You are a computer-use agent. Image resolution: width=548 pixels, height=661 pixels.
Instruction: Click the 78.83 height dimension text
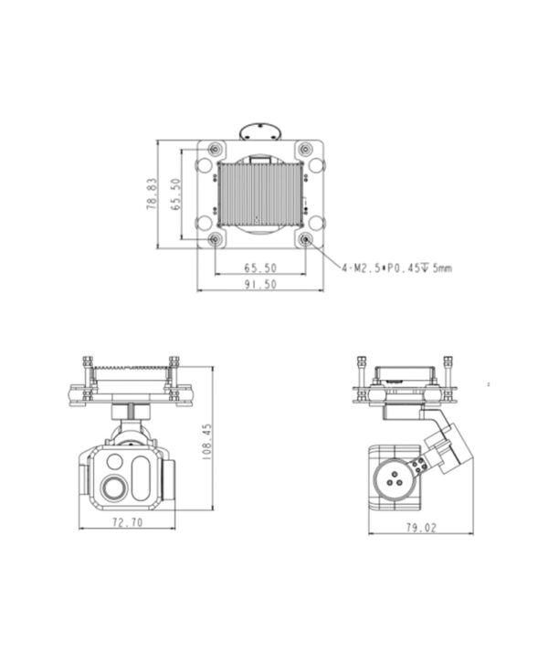152,194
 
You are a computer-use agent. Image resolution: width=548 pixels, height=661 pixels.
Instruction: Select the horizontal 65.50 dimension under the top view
260,268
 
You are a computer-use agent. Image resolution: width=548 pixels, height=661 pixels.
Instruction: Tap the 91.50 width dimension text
260,284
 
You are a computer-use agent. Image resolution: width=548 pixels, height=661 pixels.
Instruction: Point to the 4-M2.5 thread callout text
397,268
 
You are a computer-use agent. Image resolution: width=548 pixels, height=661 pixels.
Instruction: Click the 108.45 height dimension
207,441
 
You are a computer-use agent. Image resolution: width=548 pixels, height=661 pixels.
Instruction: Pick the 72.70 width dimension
127,522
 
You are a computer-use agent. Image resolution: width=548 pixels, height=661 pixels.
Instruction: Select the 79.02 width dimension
421,528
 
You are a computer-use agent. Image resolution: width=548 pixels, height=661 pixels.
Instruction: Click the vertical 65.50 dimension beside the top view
176,194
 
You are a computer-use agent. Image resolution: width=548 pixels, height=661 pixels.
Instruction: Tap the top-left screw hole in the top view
216,149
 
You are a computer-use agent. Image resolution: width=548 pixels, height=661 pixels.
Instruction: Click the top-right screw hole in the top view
305,149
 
